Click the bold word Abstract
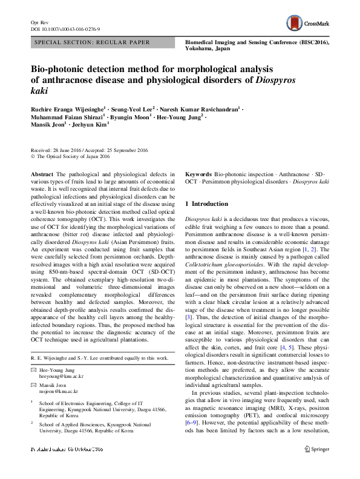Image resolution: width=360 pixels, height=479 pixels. point(41,173)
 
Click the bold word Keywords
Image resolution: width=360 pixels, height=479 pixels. point(198,173)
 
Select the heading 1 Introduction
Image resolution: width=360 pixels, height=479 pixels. point(206,204)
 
